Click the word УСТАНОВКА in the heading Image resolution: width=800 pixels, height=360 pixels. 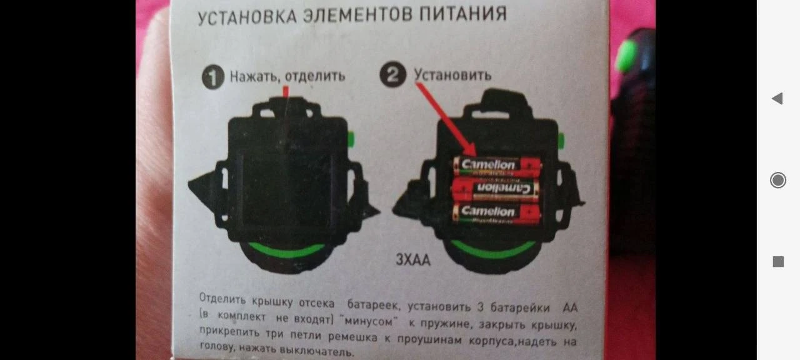tap(247, 17)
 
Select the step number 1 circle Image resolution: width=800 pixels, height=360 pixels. tap(213, 77)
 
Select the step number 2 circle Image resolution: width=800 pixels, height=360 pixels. tap(393, 74)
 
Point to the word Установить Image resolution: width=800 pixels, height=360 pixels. tap(452, 75)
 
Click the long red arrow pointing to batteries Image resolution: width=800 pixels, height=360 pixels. tap(446, 119)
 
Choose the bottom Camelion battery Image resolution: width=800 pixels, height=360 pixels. tap(497, 212)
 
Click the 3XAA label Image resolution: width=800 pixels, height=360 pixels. tap(413, 259)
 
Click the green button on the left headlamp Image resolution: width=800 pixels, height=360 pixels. tap(351, 139)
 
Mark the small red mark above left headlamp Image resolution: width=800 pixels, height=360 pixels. tap(286, 91)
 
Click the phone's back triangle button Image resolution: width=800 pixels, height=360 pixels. tap(777, 98)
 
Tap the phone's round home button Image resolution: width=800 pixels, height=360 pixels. tap(778, 180)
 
